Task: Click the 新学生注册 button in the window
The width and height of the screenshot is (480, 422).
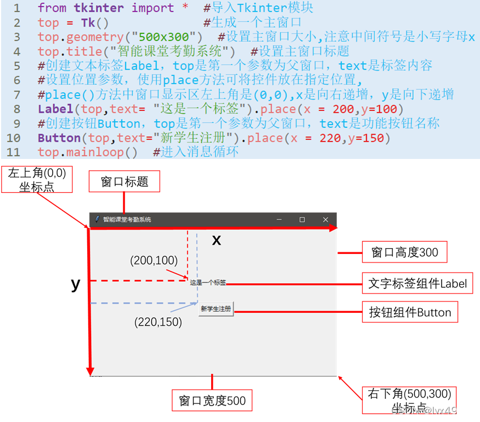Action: point(216,309)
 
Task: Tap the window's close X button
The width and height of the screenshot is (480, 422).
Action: point(325,219)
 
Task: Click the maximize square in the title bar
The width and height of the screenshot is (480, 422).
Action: point(302,219)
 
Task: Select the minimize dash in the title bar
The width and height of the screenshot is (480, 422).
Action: point(279,219)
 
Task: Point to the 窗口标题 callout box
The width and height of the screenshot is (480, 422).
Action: point(125,182)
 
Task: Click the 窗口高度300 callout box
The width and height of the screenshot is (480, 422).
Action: point(405,252)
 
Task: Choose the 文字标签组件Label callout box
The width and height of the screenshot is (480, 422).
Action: point(418,283)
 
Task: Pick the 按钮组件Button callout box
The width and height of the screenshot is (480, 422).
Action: point(410,312)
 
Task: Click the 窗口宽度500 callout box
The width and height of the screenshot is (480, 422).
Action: point(212,401)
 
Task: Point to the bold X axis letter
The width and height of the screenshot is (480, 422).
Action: point(216,241)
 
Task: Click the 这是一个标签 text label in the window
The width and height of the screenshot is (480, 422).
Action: point(208,282)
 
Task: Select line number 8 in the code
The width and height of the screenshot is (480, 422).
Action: point(16,109)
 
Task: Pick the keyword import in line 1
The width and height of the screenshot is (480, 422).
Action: point(153,8)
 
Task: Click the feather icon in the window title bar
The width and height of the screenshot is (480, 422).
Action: point(97,219)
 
